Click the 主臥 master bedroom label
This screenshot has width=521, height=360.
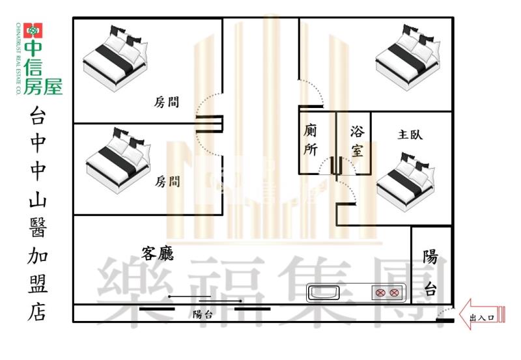click(x=410, y=135)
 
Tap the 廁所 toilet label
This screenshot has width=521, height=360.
click(x=311, y=140)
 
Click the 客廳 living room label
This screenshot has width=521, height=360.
click(x=158, y=252)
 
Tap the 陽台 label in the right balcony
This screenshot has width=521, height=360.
click(x=430, y=273)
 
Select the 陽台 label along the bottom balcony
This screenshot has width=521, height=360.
click(x=203, y=314)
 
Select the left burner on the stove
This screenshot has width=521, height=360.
click(x=380, y=293)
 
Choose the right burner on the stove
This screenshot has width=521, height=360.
click(x=394, y=293)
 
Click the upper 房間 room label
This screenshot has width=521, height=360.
click(x=167, y=102)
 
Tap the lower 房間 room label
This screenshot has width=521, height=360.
click(x=167, y=182)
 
